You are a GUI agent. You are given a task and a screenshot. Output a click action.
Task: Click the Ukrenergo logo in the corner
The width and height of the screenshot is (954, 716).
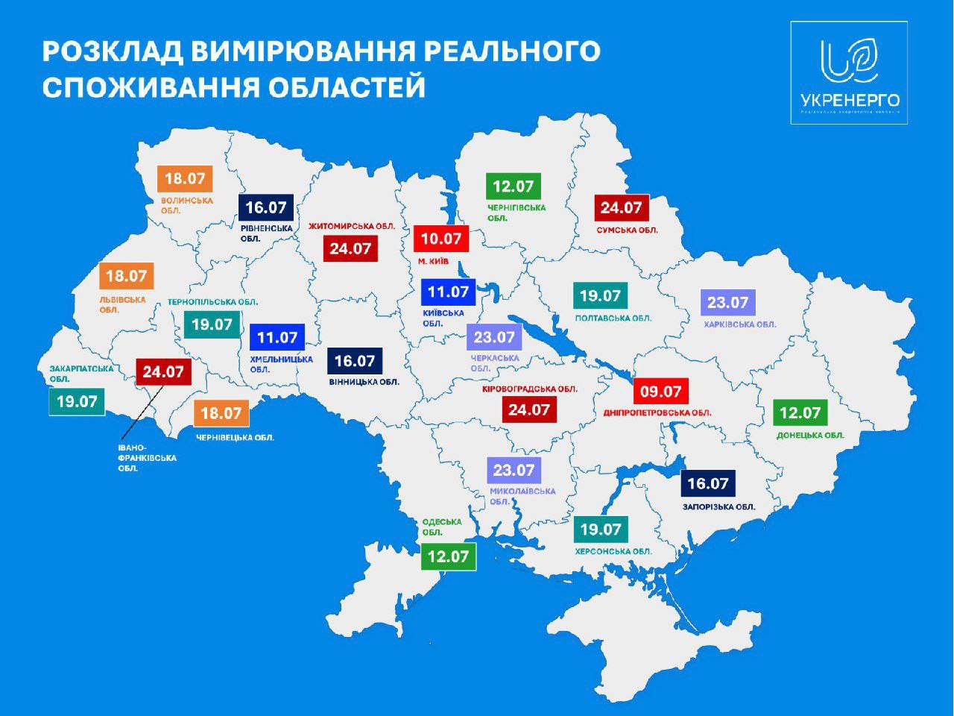[849, 72]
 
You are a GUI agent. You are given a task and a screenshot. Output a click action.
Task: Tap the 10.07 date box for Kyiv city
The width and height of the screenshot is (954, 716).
[441, 239]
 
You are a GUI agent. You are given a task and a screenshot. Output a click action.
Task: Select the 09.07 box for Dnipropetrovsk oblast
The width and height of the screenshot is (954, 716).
[661, 391]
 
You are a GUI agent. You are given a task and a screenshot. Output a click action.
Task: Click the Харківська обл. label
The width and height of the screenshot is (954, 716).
[739, 324]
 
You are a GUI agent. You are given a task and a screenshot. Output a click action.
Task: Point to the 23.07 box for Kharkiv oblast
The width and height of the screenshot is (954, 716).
[727, 302]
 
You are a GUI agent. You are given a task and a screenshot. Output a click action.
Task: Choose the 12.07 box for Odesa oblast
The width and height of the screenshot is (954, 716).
[448, 556]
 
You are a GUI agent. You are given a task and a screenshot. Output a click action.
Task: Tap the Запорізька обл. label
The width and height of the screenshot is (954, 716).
[718, 506]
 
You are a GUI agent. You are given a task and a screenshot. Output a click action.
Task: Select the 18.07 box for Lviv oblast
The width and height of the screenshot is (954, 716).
[126, 276]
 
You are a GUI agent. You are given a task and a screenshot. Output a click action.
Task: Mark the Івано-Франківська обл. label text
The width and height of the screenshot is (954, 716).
[147, 458]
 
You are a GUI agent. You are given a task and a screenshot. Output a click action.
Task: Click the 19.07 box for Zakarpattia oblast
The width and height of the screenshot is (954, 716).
[77, 401]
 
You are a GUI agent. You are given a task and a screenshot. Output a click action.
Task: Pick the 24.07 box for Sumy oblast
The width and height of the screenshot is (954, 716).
[621, 208]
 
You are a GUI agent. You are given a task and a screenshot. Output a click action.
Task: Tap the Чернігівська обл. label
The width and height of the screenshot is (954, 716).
[517, 213]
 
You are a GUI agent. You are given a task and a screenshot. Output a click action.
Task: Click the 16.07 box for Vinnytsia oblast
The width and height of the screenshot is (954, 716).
[355, 361]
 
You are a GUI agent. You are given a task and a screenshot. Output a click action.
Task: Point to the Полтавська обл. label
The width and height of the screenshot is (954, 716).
[613, 318]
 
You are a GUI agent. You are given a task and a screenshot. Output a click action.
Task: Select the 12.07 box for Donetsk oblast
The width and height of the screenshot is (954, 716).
[800, 412]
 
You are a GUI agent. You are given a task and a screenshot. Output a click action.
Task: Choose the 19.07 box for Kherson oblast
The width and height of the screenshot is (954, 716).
[600, 529]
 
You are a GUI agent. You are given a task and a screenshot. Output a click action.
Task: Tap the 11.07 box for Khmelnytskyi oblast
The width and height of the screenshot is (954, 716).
[277, 338]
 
